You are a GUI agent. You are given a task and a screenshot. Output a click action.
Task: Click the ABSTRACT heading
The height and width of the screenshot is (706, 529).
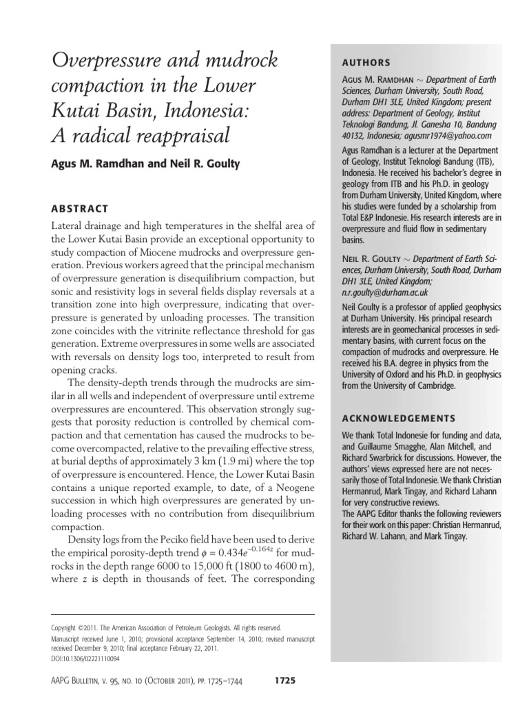click(81, 208)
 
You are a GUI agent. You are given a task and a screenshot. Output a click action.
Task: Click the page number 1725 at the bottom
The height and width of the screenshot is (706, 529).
click(284, 680)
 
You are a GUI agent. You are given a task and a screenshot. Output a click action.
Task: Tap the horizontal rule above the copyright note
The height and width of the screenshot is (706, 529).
click(183, 615)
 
